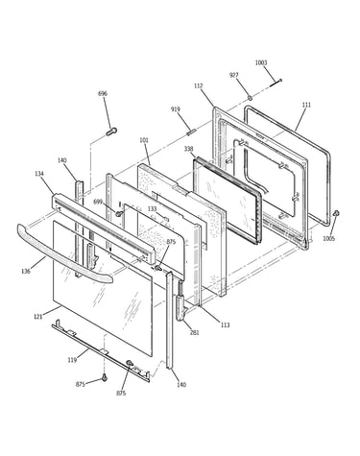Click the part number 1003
click(x=261, y=62)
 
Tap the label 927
click(x=234, y=75)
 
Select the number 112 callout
click(x=199, y=86)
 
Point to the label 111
click(x=306, y=105)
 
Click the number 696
click(x=103, y=94)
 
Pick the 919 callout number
click(x=176, y=109)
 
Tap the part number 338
click(x=189, y=149)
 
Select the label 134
click(x=39, y=174)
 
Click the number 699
click(x=98, y=202)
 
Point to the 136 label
click(x=26, y=272)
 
